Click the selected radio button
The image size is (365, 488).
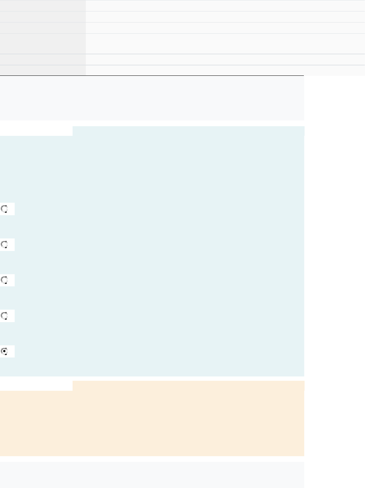click(5, 351)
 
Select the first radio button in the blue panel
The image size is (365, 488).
click(5, 209)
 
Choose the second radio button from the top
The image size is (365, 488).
click(5, 245)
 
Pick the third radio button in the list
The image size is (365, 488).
click(5, 280)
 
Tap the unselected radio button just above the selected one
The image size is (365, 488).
click(5, 316)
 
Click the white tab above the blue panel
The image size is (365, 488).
click(36, 131)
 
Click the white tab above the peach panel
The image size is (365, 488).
click(36, 386)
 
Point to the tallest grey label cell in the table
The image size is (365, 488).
click(43, 44)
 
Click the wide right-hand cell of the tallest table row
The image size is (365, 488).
click(225, 44)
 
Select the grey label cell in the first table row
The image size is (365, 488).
click(43, 6)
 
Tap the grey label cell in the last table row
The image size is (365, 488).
click(43, 70)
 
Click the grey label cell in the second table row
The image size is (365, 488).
click(43, 17)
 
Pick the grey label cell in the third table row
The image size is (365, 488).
click(43, 28)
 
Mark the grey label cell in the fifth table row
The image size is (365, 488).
click(43, 59)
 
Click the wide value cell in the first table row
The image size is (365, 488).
click(225, 6)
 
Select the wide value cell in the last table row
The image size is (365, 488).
click(225, 70)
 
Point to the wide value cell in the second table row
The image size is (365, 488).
click(225, 17)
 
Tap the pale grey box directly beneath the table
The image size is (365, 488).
click(152, 98)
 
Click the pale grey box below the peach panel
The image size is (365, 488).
click(152, 475)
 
